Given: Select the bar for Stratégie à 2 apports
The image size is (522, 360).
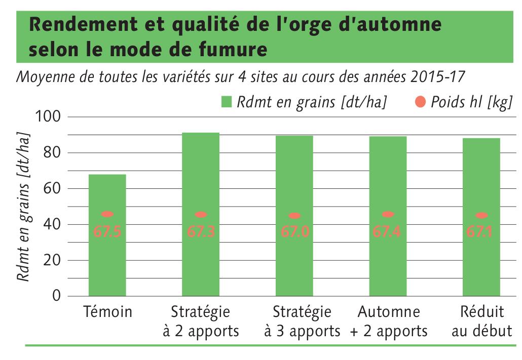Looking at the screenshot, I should click(201, 263).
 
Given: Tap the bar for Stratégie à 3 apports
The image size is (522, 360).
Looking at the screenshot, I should click(294, 263).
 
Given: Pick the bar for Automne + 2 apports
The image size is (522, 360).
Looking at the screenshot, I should click(388, 263).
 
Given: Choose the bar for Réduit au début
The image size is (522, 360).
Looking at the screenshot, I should click(481, 263).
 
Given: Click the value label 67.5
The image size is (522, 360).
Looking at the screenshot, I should click(107, 232).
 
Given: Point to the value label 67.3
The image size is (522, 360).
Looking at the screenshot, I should click(201, 232).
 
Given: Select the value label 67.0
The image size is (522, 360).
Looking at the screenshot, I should click(294, 232).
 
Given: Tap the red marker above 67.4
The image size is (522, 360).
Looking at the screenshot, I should click(388, 215).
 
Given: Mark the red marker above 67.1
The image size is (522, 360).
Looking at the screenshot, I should click(481, 216).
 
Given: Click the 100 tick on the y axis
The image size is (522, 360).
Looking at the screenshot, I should click(49, 117).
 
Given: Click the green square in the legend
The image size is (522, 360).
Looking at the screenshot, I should click(227, 102).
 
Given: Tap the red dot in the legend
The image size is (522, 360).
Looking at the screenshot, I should click(420, 102).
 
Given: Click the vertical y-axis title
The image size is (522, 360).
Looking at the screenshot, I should click(23, 208).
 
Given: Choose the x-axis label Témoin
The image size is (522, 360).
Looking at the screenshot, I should click(107, 312).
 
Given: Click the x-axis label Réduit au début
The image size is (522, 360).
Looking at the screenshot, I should click(481, 322).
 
